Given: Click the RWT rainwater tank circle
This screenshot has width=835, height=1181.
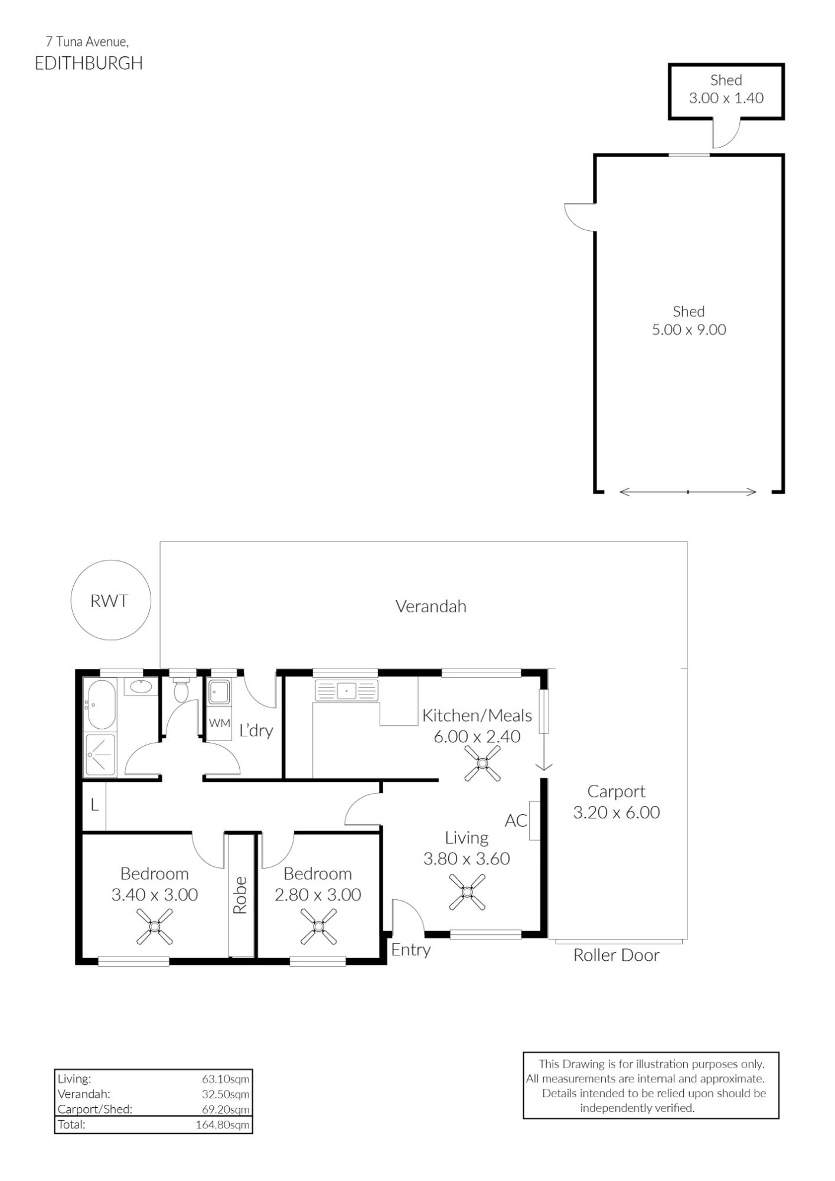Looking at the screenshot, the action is [110, 561].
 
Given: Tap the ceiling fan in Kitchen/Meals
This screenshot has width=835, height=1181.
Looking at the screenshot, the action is [482, 764].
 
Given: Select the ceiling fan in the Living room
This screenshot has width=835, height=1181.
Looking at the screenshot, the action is [467, 892].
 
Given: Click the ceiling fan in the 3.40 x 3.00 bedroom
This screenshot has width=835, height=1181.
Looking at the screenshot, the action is [155, 926].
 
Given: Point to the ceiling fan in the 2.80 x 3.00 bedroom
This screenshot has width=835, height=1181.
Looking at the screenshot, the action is [318, 926].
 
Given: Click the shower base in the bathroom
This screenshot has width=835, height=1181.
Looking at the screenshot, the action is [101, 755].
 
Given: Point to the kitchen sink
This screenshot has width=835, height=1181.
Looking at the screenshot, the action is [346, 690].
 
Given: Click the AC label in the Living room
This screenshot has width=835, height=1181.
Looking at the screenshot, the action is [516, 820].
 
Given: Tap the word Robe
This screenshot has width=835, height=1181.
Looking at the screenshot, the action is [240, 895].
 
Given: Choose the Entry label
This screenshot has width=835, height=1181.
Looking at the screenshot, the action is [411, 950].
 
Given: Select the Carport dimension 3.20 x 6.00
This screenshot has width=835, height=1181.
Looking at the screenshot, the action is [617, 813].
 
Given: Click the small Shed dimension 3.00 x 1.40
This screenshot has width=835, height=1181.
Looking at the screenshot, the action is [726, 98].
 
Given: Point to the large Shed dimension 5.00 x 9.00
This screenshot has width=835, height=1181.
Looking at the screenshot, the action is [689, 329].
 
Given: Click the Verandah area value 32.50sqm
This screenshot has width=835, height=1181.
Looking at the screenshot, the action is [226, 1094].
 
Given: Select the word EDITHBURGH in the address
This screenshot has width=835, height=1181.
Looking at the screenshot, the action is [89, 64].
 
